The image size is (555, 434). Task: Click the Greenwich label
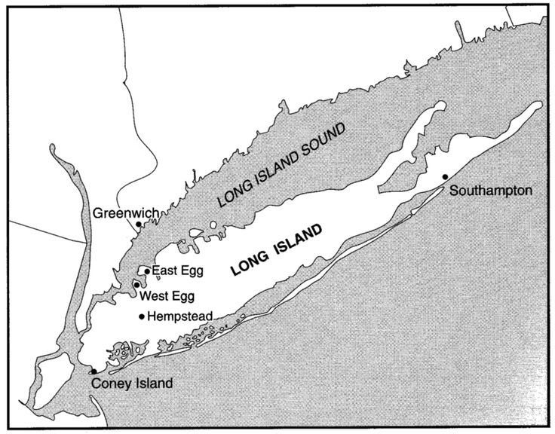(x=125, y=214)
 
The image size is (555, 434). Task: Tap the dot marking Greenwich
(x=139, y=225)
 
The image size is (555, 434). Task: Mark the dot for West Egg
(x=136, y=284)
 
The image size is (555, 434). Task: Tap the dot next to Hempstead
(x=142, y=316)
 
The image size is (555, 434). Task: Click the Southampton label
(x=491, y=191)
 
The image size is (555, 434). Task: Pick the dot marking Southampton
(x=446, y=176)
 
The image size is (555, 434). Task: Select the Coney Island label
(x=132, y=384)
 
